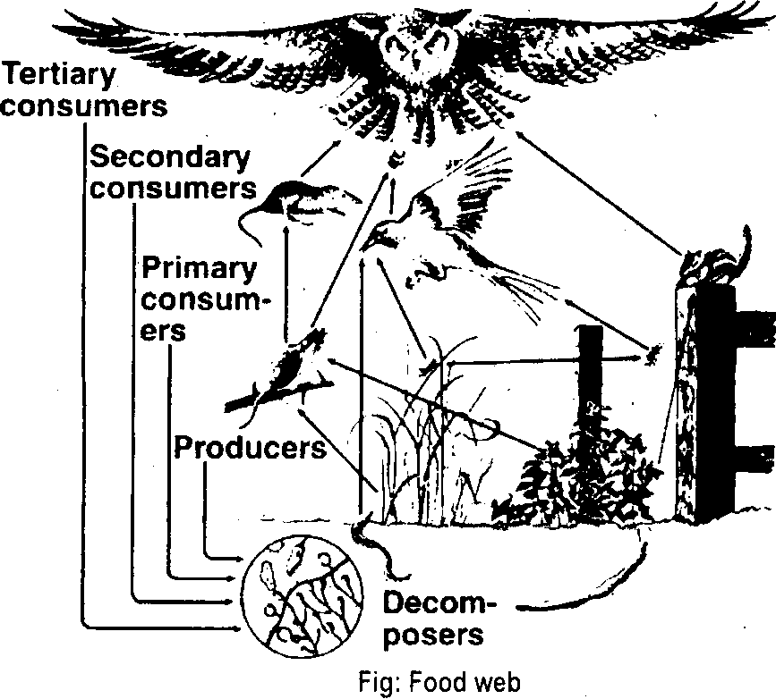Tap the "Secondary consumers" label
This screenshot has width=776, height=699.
pyautogui.click(x=170, y=173)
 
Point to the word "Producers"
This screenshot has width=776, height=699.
pyautogui.click(x=250, y=447)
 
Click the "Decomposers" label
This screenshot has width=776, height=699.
pyautogui.click(x=439, y=619)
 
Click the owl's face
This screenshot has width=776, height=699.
pyautogui.click(x=415, y=54)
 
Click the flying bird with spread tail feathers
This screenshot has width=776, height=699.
pyautogui.click(x=439, y=232)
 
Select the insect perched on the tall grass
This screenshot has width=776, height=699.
pyautogui.click(x=431, y=364)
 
